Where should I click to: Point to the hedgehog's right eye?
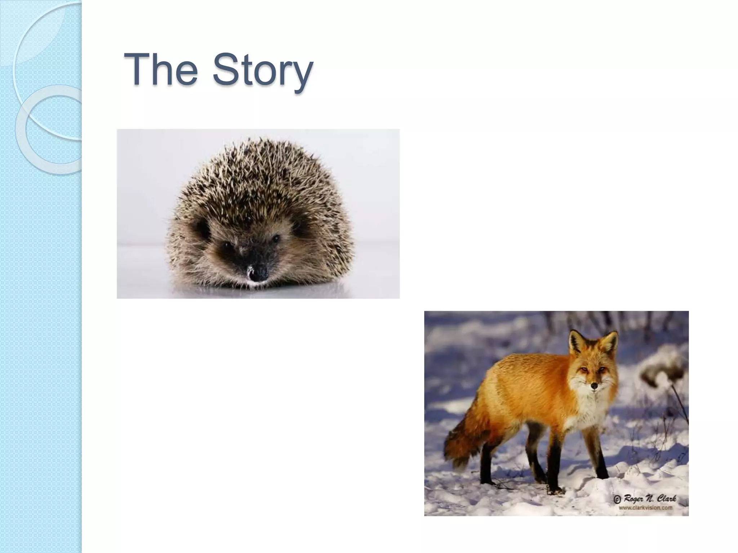276,238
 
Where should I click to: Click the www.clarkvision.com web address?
646,508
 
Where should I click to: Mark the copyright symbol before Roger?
617,500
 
